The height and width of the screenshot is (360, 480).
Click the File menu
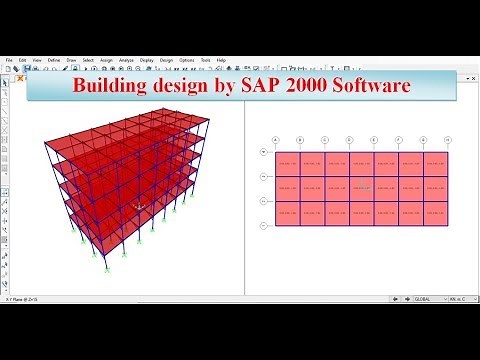(x=9, y=58)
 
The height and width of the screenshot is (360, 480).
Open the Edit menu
(x=21, y=58)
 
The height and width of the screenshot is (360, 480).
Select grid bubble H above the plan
(x=446, y=139)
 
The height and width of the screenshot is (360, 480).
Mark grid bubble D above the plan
(x=350, y=139)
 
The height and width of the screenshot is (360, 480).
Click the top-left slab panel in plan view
(x=289, y=162)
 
